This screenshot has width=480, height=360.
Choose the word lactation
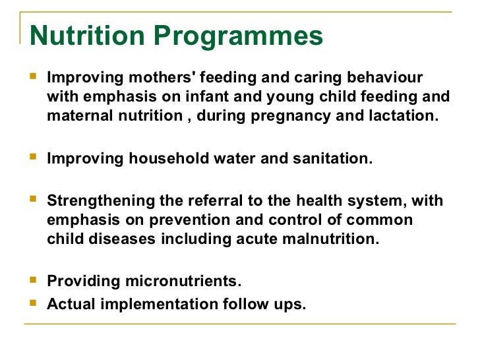pos(402,117)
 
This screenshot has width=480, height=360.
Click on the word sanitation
pos(334,159)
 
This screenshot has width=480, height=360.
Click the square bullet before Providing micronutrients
pos(35,282)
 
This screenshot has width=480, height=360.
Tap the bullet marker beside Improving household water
pos(35,158)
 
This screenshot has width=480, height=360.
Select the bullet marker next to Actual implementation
pos(35,304)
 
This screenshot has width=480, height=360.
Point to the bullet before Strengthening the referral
pos(35,200)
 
